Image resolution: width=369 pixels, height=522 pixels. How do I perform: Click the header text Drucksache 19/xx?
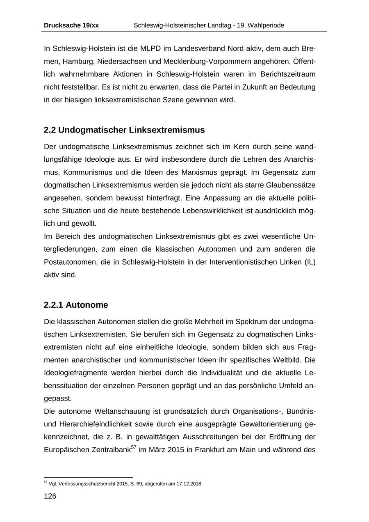(71, 25)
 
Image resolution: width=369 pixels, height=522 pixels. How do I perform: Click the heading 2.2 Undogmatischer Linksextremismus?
(124, 130)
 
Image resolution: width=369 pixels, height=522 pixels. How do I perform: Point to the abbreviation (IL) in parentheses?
(309, 262)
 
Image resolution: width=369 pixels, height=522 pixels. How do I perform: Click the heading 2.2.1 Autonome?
(76, 305)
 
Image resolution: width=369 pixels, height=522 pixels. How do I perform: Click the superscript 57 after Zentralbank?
(133, 447)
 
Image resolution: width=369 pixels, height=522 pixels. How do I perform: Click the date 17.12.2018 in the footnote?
(189, 484)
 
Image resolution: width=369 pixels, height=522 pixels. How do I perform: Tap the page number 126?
(50, 497)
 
